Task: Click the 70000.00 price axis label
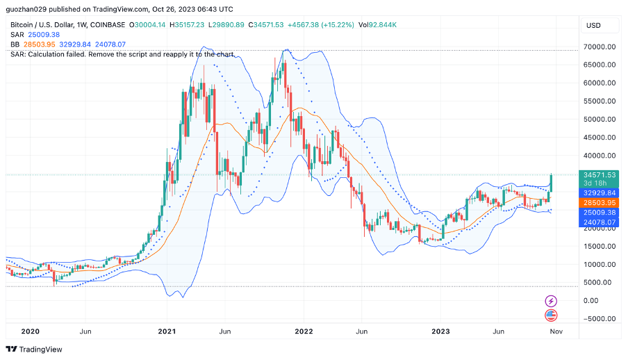click(600, 47)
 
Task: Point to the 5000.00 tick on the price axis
click(600, 282)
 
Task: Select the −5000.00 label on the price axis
click(599, 318)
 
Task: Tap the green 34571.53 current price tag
click(600, 174)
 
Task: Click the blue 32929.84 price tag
click(600, 193)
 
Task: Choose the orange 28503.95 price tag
click(600, 202)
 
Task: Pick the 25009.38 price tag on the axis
click(600, 212)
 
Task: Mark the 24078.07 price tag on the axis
click(600, 222)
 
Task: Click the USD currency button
click(593, 25)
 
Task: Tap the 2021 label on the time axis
click(167, 332)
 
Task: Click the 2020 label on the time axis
click(30, 332)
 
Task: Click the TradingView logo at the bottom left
click(34, 349)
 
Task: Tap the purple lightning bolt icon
click(551, 301)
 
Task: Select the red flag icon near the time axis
click(551, 315)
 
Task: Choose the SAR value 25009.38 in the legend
click(45, 35)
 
